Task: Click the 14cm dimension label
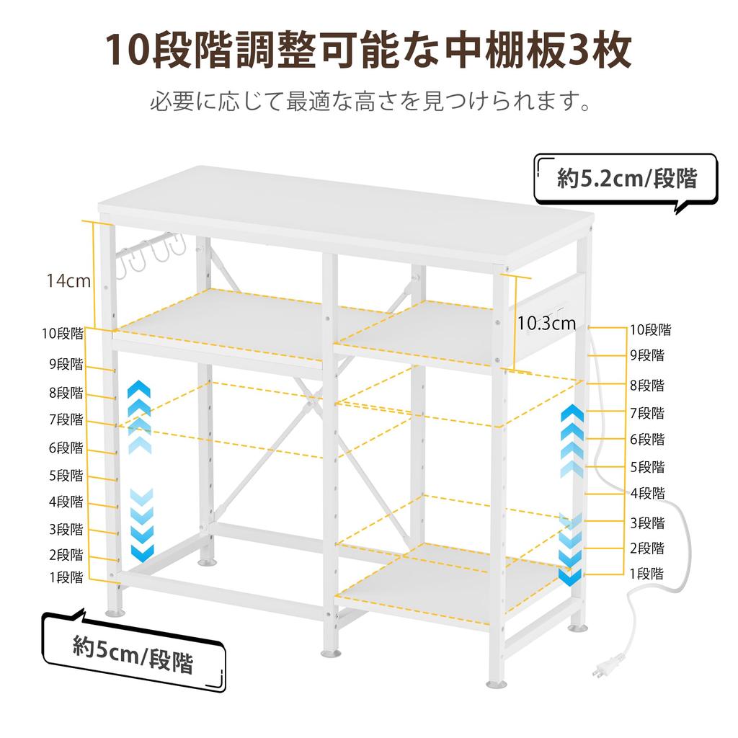[68, 280]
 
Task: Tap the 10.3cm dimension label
[546, 324]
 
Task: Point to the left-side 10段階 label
[63, 334]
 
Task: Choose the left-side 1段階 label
[66, 577]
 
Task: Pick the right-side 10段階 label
[651, 330]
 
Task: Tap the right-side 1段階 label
[646, 573]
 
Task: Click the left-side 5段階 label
[66, 476]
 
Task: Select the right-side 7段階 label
[647, 413]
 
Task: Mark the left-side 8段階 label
[66, 393]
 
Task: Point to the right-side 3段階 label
[647, 523]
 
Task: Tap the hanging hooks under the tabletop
[151, 254]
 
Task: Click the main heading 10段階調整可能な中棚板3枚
[368, 50]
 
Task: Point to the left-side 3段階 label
[66, 530]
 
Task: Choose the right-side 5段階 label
[647, 467]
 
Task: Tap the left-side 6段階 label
[66, 448]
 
